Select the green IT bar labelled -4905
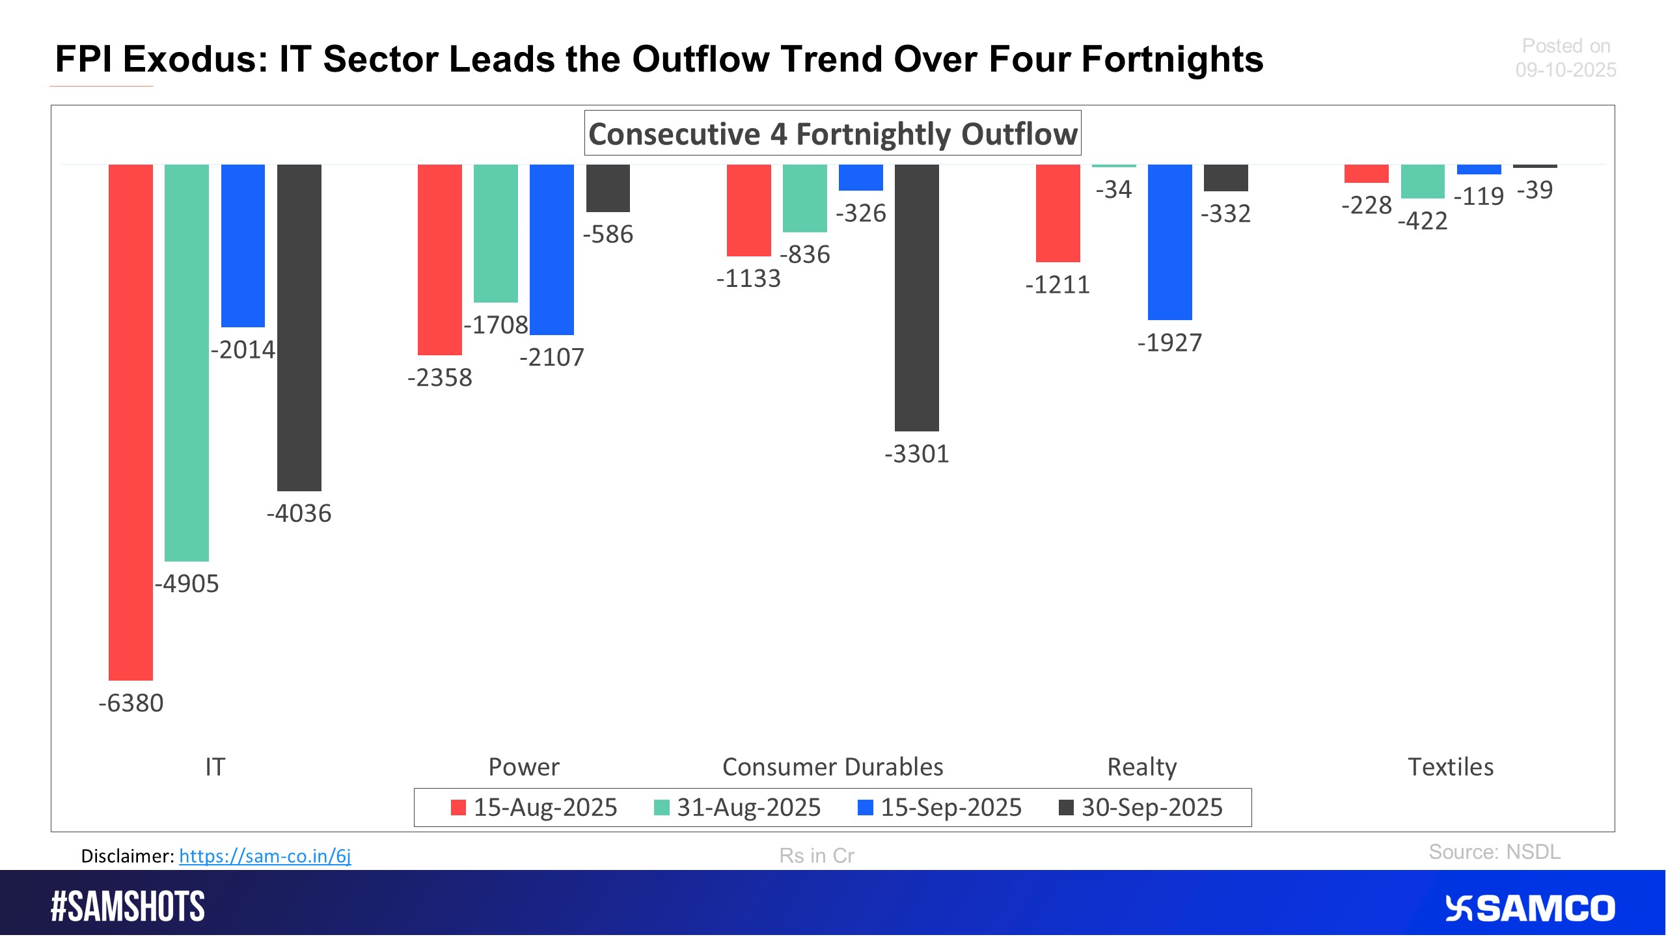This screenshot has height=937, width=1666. pyautogui.click(x=187, y=362)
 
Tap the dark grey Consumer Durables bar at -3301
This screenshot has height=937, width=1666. pyautogui.click(x=917, y=297)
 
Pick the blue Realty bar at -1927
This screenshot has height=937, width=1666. pyautogui.click(x=1170, y=242)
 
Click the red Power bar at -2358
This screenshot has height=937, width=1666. pyautogui.click(x=440, y=260)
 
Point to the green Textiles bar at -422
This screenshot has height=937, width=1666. pyautogui.click(x=1423, y=182)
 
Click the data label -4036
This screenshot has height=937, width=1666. pyautogui.click(x=299, y=513)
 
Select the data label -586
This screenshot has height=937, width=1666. pyautogui.click(x=608, y=234)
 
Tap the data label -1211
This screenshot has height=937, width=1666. pyautogui.click(x=1058, y=285)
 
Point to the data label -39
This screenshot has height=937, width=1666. pyautogui.click(x=1535, y=190)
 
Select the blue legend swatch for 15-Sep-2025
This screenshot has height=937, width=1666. pyautogui.click(x=866, y=808)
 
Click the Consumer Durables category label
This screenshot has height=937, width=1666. pyautogui.click(x=832, y=767)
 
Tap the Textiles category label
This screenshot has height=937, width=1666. pyautogui.click(x=1451, y=767)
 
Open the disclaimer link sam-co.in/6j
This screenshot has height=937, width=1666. pyautogui.click(x=265, y=856)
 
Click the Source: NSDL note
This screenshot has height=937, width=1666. pyautogui.click(x=1494, y=852)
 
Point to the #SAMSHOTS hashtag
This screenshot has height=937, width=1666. pyautogui.click(x=128, y=906)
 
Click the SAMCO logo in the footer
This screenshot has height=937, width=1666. pyautogui.click(x=1530, y=908)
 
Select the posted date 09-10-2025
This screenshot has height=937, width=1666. pyautogui.click(x=1566, y=70)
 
